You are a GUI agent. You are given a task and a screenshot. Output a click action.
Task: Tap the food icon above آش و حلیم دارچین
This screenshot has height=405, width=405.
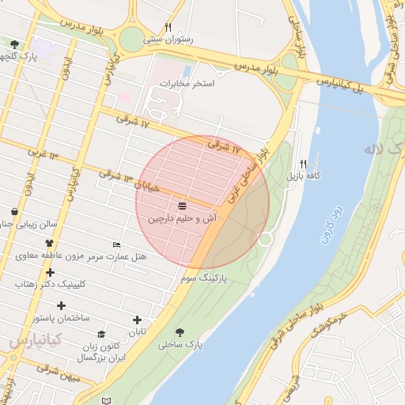[x=183, y=206]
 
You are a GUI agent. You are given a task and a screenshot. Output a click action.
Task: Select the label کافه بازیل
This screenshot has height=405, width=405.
[x=303, y=175]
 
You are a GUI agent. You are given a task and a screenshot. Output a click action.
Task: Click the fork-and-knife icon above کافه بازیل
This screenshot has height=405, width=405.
[x=303, y=163]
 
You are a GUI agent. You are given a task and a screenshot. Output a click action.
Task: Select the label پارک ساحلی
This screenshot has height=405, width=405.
[x=180, y=345]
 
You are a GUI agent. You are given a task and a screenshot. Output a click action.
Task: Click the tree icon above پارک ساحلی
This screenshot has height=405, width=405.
[x=180, y=333]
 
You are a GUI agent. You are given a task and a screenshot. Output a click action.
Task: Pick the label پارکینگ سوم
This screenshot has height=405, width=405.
[x=203, y=279]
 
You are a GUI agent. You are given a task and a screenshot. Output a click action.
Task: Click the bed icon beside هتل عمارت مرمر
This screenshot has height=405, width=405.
[x=117, y=244]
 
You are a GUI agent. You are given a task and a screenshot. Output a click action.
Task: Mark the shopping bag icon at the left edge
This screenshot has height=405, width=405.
[x=15, y=212]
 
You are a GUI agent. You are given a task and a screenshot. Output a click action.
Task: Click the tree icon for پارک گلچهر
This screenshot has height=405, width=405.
[x=14, y=45]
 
